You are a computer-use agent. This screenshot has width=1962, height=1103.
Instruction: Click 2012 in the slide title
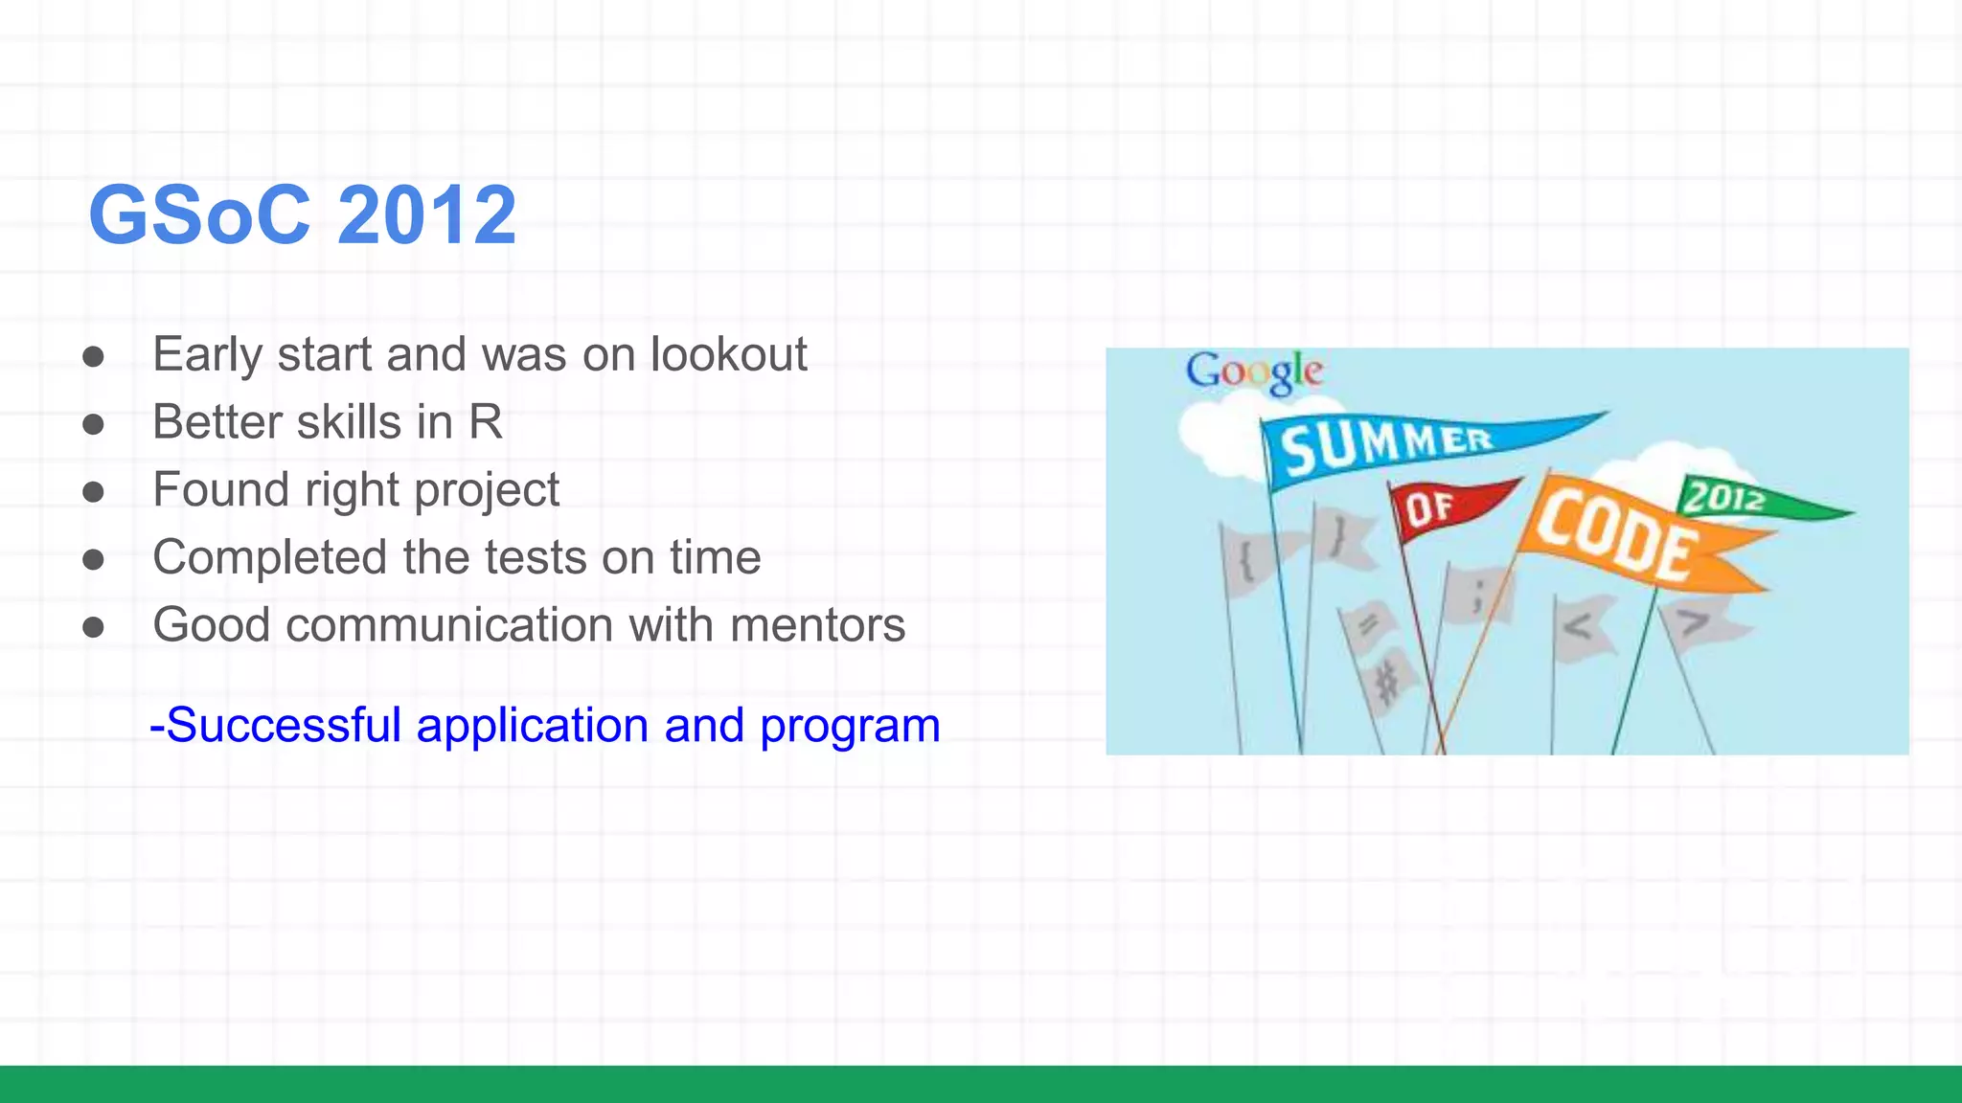426,215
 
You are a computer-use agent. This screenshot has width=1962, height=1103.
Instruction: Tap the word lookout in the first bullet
728,354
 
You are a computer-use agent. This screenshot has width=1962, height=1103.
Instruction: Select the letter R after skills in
486,422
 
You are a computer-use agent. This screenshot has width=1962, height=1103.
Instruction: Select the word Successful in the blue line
284,725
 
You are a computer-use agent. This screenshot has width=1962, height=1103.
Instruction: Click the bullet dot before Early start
93,357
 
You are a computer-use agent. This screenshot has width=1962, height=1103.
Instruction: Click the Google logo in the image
1254,371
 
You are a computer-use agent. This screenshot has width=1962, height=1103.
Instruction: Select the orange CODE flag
1619,536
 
